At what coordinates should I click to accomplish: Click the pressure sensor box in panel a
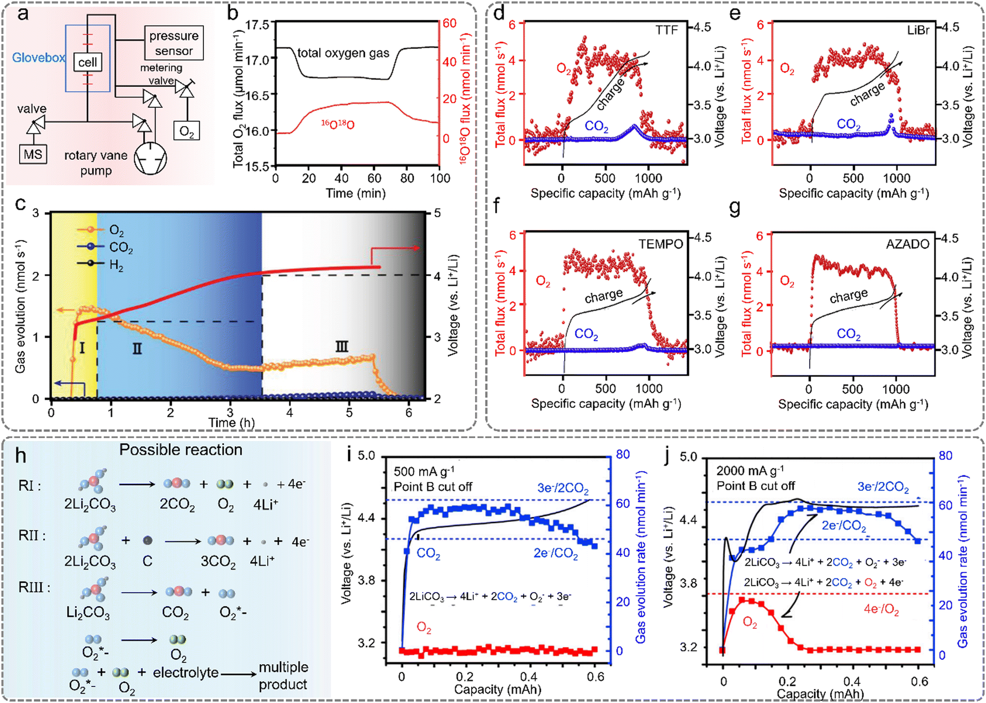click(x=173, y=43)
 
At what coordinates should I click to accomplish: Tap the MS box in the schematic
click(x=33, y=154)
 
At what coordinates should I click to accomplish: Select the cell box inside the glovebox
click(x=87, y=62)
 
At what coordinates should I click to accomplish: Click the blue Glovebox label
click(x=38, y=58)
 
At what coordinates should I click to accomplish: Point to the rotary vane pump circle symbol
click(x=150, y=158)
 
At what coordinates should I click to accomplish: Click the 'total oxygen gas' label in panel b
click(x=343, y=53)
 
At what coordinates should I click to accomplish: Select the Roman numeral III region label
click(x=341, y=346)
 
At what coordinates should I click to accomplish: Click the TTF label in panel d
click(x=666, y=30)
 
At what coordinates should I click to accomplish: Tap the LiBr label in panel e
click(x=918, y=30)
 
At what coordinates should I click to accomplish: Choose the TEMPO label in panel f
click(x=660, y=244)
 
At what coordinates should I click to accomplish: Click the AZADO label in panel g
click(x=907, y=244)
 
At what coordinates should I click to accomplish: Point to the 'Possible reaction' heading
click(x=181, y=449)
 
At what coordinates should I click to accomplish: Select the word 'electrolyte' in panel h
click(x=185, y=672)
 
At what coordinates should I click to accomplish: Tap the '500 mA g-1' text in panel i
click(x=424, y=471)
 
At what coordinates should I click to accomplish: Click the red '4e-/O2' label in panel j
click(x=881, y=609)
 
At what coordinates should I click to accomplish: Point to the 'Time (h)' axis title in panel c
click(x=231, y=422)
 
